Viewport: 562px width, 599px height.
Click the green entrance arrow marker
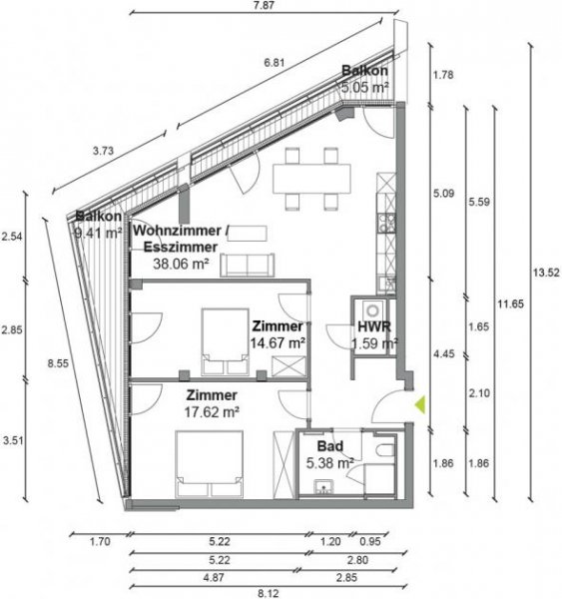420,404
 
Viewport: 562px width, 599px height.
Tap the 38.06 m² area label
180,266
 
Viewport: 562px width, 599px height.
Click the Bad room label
330,445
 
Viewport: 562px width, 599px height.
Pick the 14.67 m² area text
278,341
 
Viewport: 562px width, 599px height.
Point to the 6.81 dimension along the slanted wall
276,62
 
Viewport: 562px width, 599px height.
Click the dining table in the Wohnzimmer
313,178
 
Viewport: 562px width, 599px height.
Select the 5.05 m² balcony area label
363,88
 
